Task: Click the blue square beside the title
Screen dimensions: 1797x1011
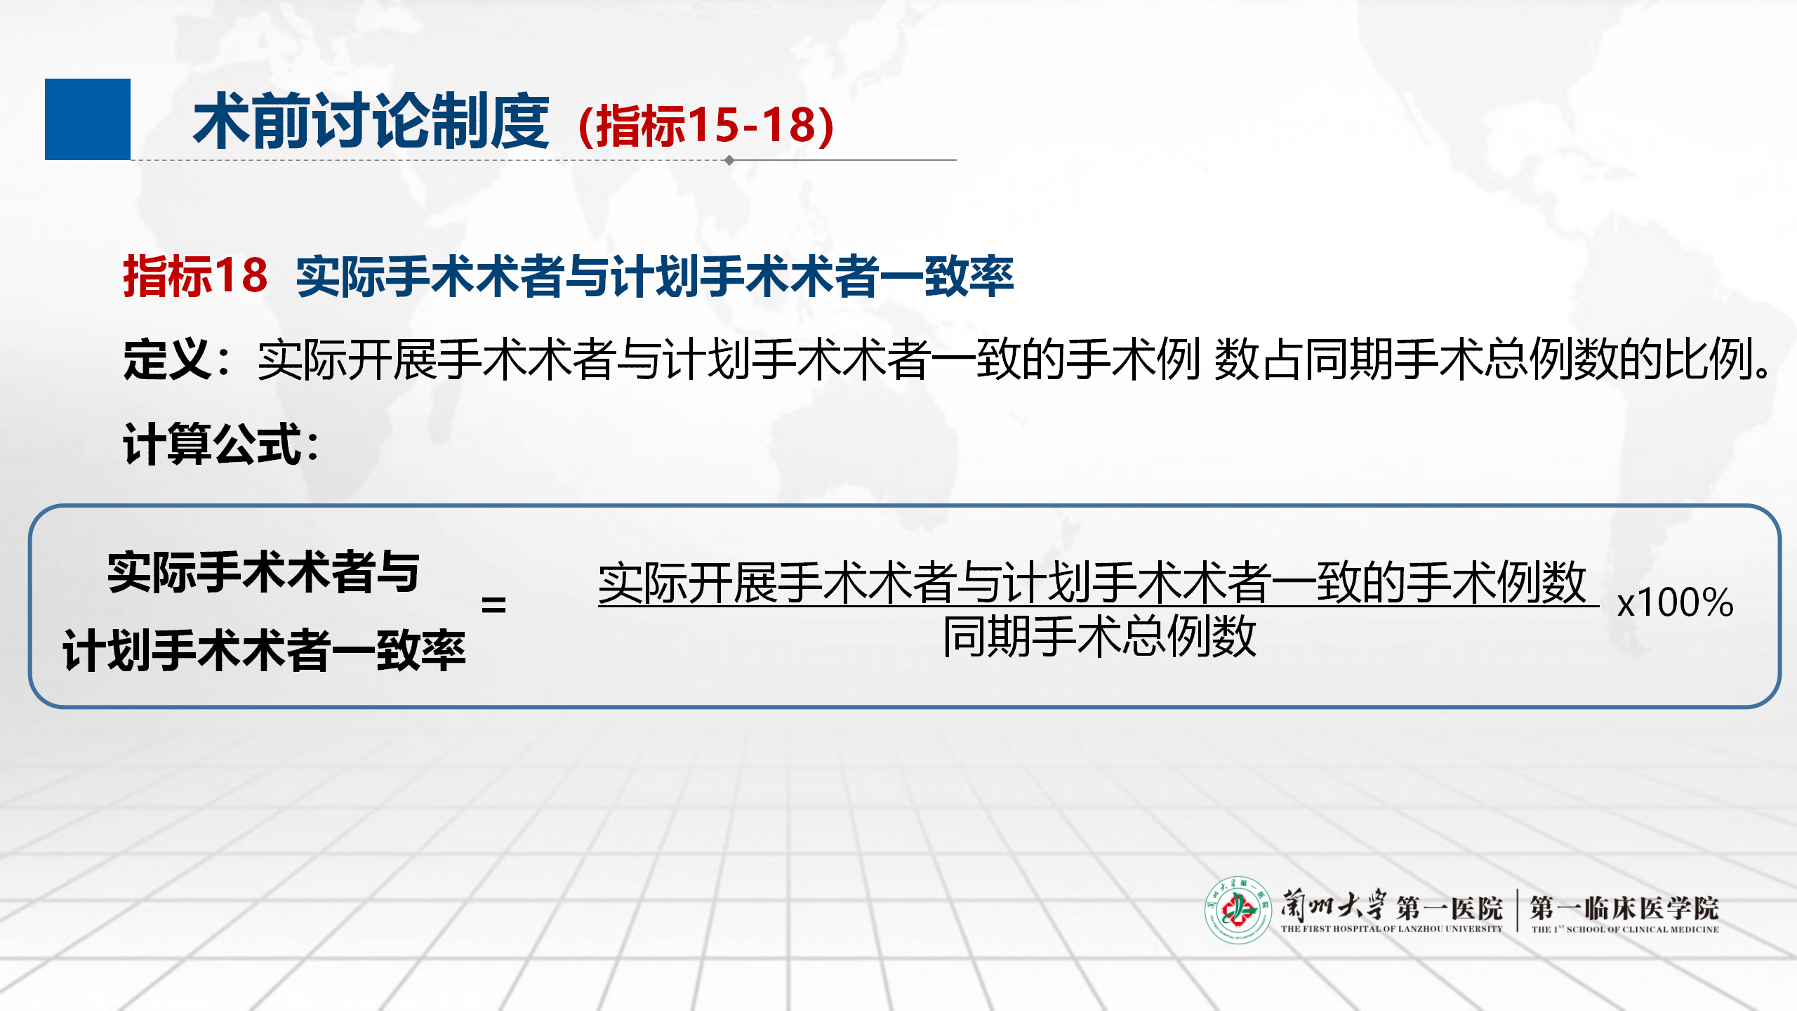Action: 88,119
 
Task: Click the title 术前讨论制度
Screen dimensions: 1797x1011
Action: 371,121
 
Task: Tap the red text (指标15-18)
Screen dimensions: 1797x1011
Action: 706,126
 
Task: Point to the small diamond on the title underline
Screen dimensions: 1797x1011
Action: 729,160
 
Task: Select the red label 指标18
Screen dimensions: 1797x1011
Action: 195,275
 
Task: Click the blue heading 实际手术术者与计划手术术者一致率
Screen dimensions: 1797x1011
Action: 655,276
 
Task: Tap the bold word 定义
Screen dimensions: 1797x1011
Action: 167,359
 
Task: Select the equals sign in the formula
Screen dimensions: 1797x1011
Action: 493,604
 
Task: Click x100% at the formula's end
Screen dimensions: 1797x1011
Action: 1675,602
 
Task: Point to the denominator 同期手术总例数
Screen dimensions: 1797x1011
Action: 1099,636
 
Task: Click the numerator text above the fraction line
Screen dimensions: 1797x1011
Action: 1092,582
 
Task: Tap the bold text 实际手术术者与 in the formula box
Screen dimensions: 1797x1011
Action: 264,572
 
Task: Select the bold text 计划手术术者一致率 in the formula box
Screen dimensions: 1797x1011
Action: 264,651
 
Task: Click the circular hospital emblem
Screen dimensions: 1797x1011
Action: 1238,910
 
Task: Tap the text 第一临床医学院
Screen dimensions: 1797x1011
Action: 1624,908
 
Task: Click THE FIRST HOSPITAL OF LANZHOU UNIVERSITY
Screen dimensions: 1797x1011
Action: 1391,929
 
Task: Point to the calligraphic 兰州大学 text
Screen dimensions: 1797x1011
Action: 1332,905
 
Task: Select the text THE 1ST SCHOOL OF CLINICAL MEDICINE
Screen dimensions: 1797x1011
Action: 1625,929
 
